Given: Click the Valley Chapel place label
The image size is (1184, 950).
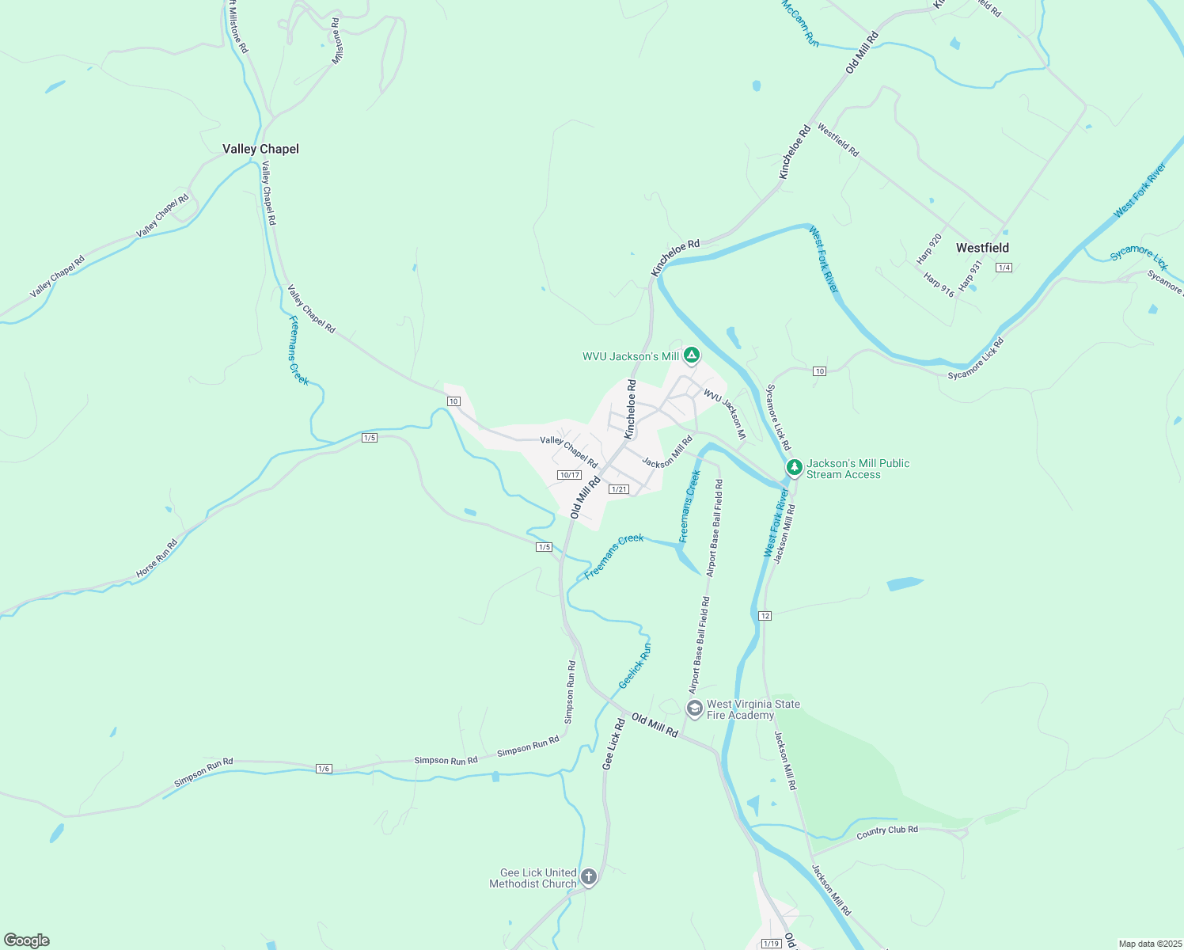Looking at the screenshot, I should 260,149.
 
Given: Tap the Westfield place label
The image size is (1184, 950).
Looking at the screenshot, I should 982,248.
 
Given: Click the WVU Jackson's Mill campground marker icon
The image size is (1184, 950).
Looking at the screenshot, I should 692,355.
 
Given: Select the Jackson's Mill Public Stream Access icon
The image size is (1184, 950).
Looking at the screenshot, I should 794,468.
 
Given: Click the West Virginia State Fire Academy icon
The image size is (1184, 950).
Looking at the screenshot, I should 694,709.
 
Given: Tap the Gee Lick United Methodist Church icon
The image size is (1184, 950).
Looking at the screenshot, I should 588,876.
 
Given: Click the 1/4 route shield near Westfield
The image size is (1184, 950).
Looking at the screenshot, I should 1004,268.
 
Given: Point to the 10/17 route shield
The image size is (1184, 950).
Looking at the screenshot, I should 569,475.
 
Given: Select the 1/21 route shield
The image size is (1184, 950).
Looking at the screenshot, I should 619,489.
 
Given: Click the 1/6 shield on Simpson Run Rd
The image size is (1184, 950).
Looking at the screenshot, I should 323,769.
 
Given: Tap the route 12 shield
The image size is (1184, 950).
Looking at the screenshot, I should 765,615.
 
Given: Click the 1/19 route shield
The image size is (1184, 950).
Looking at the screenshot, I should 771,944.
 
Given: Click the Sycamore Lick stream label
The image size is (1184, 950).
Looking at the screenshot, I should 1138,256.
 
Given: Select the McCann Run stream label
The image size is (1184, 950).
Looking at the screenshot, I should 800,23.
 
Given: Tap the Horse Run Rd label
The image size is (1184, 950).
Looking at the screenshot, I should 157,558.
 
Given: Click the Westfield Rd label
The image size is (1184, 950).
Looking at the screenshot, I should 838,140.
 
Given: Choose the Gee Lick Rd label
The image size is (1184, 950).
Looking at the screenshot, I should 613,744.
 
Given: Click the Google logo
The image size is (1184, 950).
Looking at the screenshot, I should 27,940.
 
